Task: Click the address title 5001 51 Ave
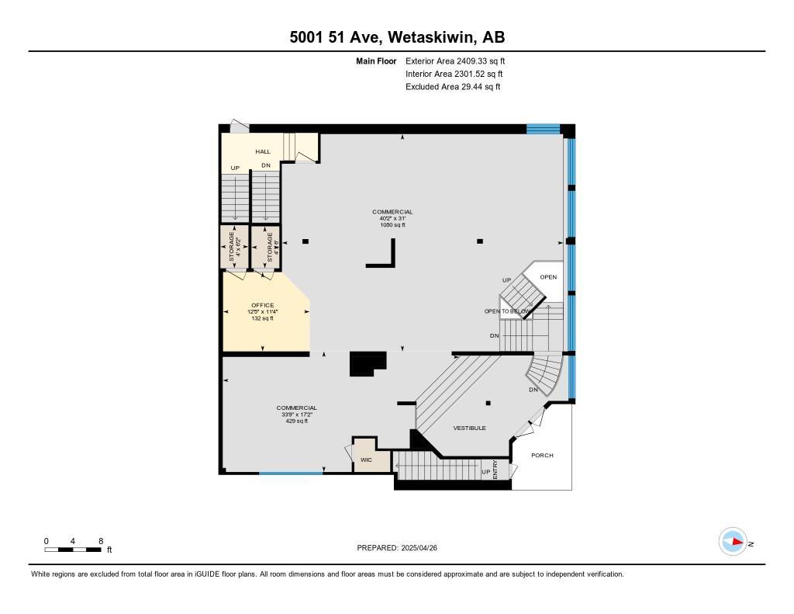(396, 37)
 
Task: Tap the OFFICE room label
(262, 305)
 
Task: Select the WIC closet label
(366, 460)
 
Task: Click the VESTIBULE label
(470, 428)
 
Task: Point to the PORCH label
(542, 456)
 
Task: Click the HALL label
(263, 151)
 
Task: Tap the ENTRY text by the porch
(495, 469)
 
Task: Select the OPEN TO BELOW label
(507, 311)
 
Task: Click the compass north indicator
(733, 542)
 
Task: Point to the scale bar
(72, 550)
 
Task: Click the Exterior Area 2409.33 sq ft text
(455, 61)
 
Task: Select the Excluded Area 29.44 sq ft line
(452, 87)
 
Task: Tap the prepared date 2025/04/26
(402, 548)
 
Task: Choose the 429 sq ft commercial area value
(296, 421)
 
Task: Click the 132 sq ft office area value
(262, 318)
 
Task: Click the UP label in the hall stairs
(234, 168)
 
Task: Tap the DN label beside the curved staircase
(533, 390)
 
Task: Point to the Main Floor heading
(376, 61)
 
